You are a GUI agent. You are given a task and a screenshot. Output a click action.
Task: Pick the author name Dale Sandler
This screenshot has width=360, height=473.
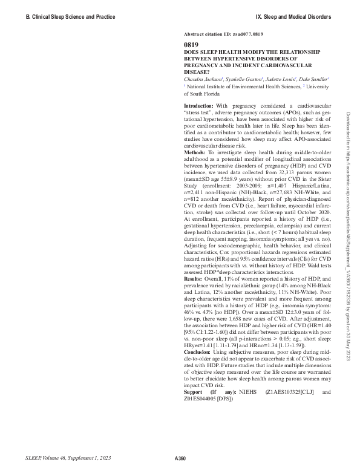click(313, 79)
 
